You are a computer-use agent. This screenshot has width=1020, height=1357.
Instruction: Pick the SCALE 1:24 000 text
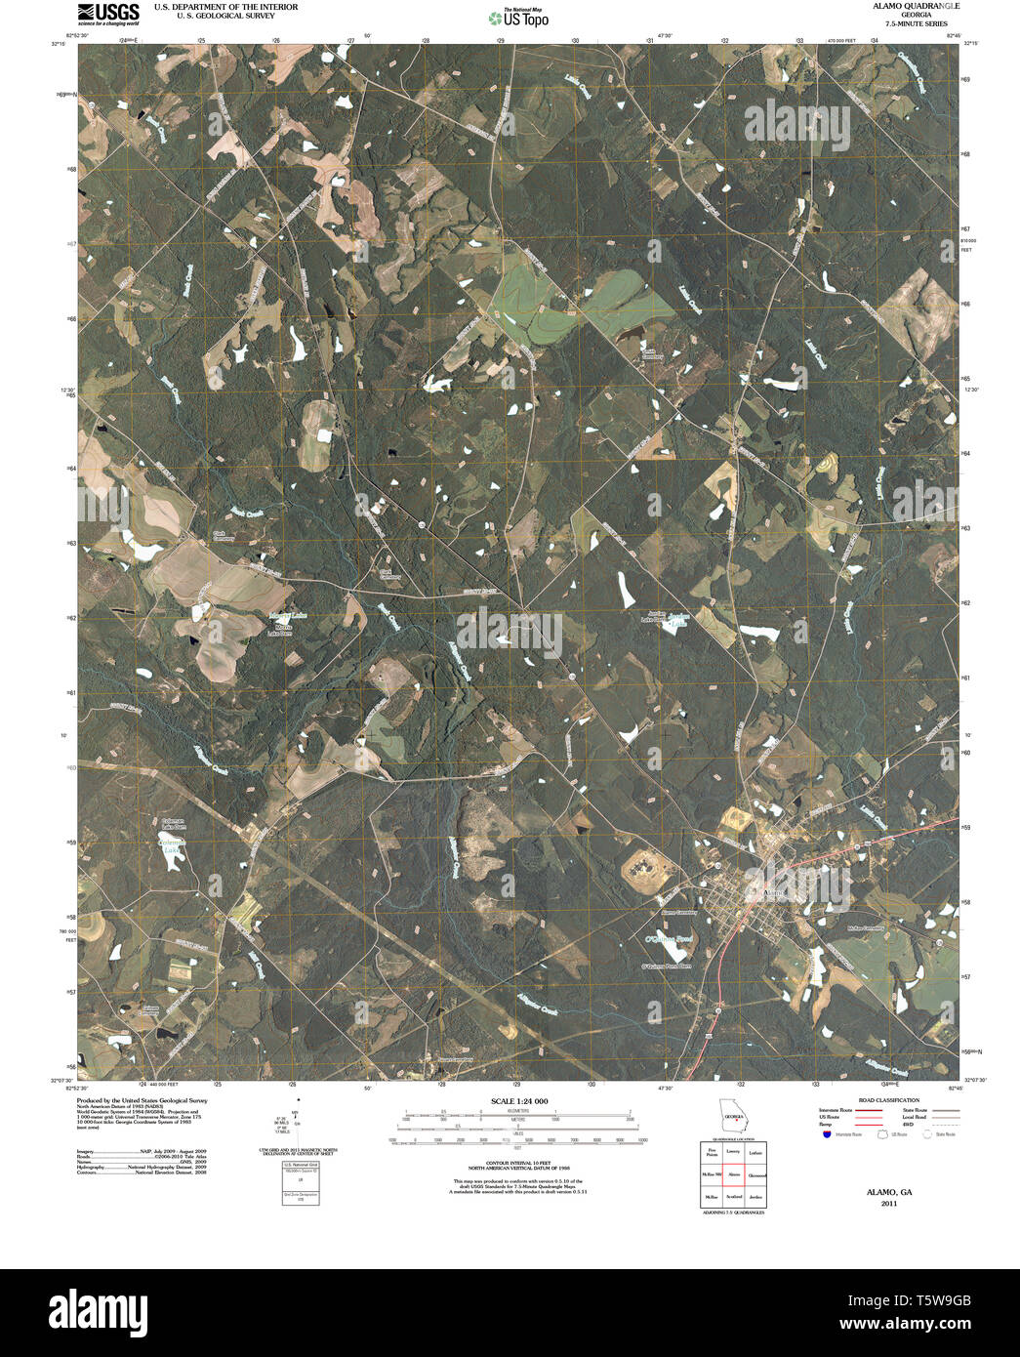(519, 1101)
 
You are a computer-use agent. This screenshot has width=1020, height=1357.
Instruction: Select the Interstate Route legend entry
(837, 1110)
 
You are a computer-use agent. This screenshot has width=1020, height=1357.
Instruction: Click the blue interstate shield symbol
(826, 1134)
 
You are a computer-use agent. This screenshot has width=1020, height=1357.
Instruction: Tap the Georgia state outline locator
(732, 1116)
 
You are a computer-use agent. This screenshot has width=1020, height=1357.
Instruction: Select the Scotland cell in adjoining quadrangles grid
(733, 1197)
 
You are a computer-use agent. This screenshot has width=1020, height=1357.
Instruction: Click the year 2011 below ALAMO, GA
(888, 1204)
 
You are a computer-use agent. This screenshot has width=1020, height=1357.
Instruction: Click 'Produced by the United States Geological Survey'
(143, 1099)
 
